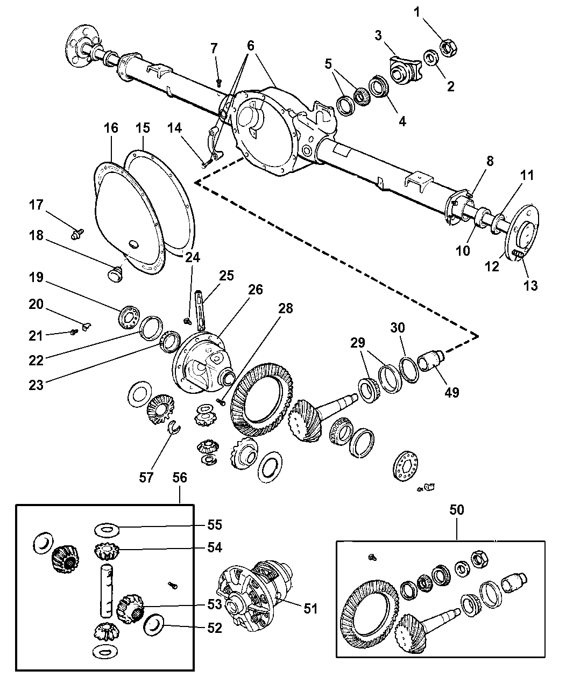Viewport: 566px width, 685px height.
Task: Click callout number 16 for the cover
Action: pyautogui.click(x=111, y=128)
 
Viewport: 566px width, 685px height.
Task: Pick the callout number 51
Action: pyautogui.click(x=310, y=609)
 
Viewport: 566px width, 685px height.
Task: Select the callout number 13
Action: pyautogui.click(x=530, y=285)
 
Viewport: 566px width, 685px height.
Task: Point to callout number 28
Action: pyautogui.click(x=285, y=308)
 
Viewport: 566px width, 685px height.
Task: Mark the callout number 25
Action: pyautogui.click(x=227, y=276)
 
